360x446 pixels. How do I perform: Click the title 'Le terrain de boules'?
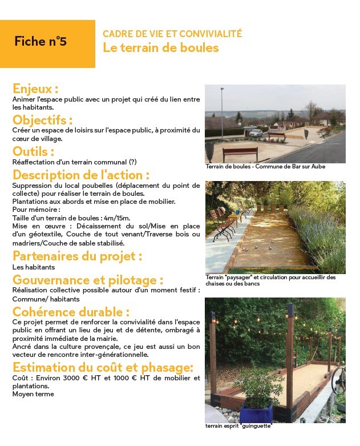pos(160,48)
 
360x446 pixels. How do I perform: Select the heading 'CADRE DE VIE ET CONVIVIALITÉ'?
pos(172,34)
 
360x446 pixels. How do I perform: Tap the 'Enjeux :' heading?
pos(35,89)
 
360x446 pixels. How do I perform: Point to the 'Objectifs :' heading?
pos(42,120)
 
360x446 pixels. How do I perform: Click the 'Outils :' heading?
pos(33,152)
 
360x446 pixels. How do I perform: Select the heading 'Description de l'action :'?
pos(81,175)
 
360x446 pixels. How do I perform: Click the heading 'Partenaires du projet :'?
pos(77,256)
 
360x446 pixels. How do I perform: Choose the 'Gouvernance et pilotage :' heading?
pos(88,280)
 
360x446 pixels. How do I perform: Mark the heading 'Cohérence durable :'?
pos(71,312)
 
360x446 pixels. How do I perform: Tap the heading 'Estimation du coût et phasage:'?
pos(103,367)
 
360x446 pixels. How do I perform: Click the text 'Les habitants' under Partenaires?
pos(34,267)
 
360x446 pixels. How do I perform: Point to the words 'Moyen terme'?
pos(33,394)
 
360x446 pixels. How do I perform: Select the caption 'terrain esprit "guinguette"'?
pos(238,426)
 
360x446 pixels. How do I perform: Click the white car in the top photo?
pos(256,133)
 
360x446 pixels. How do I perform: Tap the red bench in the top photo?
pos(240,152)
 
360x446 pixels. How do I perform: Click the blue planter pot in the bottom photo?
pos(256,412)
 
